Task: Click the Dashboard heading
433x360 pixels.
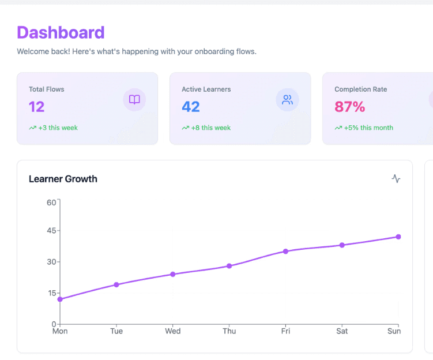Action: (61, 32)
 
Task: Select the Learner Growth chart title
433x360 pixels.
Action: (63, 179)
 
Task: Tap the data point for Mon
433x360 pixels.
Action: (60, 299)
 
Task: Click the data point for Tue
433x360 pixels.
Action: (116, 284)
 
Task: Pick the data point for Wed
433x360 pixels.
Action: (173, 274)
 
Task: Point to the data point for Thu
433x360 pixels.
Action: (229, 266)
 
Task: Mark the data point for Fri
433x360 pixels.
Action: (285, 252)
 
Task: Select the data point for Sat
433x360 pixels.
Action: (342, 245)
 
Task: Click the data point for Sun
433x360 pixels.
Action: (398, 237)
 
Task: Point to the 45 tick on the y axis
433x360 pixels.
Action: (52, 231)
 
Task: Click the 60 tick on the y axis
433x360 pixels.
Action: (52, 202)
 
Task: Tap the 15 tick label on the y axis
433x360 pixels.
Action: (52, 293)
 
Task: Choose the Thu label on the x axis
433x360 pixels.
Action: (229, 331)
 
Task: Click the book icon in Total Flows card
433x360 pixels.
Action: (134, 100)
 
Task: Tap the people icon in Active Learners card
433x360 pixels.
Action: (287, 100)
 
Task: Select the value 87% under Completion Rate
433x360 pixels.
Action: (350, 107)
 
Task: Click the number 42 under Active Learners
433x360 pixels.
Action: (191, 107)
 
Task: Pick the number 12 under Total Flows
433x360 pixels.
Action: (36, 107)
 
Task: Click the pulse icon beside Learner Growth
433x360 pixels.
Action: (396, 179)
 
